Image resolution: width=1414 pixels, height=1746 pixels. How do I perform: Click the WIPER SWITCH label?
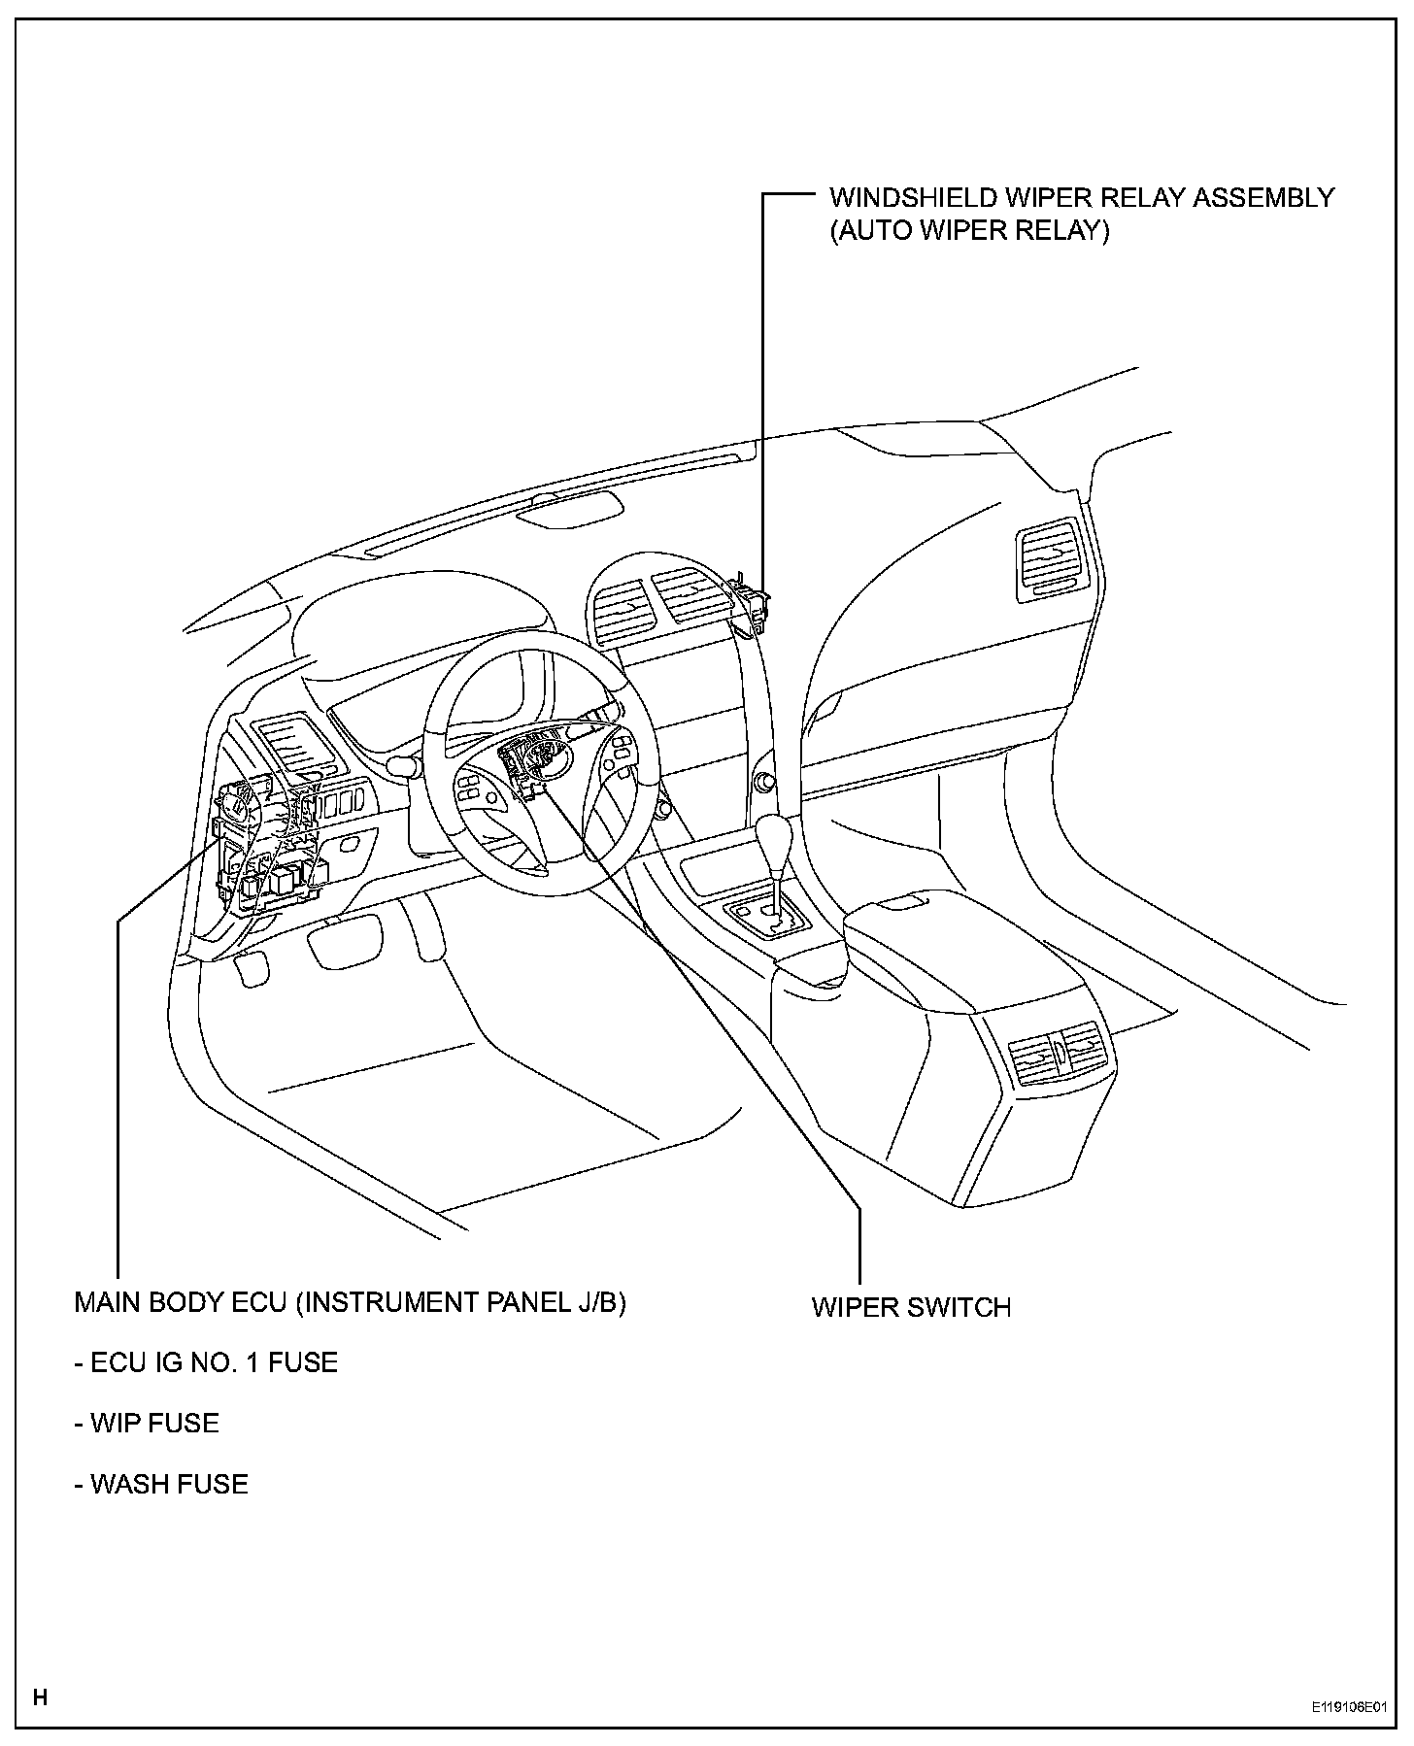(911, 1307)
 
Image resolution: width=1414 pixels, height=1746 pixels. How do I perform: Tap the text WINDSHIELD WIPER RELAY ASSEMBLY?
(1081, 198)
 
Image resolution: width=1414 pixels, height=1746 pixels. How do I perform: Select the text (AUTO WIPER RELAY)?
(968, 233)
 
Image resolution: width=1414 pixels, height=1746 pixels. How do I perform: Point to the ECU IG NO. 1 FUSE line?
(206, 1363)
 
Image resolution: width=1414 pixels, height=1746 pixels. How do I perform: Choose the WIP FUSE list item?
(147, 1424)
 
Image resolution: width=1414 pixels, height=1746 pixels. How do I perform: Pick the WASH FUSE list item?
(161, 1484)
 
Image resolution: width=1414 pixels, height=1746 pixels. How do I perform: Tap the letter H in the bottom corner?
(40, 1697)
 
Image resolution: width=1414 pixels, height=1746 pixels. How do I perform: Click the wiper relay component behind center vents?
(750, 601)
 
